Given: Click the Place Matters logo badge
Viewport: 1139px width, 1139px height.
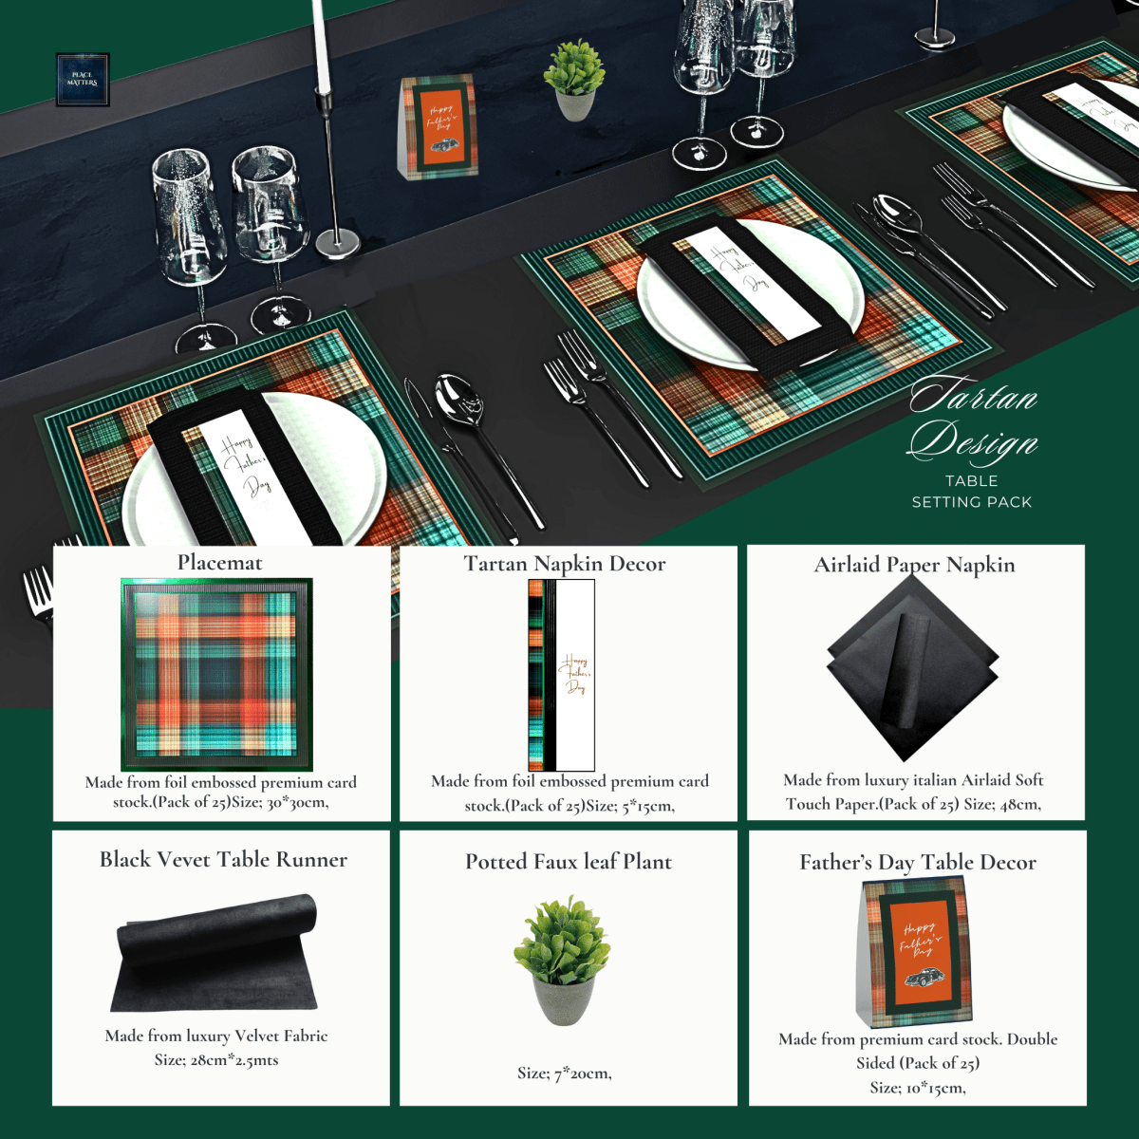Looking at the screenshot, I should (x=83, y=79).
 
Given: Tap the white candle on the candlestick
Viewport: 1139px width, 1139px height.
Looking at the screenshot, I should (x=321, y=43).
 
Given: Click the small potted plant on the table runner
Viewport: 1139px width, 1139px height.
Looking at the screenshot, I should (x=574, y=80).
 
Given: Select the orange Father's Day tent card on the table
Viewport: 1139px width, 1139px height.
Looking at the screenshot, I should (x=438, y=126).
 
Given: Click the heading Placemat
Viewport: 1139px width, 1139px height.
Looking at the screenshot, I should (x=219, y=563).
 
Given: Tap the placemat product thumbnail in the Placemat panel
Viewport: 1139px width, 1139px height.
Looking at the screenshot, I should (x=217, y=673).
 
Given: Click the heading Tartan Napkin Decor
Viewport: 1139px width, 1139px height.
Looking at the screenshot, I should (x=565, y=564).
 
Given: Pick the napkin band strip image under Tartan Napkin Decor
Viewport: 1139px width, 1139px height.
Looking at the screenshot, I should (x=562, y=675).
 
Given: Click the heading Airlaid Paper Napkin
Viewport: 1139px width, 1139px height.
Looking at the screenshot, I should (x=914, y=565).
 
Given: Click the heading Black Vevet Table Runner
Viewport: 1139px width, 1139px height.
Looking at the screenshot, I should (x=223, y=860).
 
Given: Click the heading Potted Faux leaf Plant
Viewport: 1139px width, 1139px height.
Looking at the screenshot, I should (x=568, y=862).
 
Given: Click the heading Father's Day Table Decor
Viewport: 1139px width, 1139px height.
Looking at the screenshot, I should (x=917, y=863).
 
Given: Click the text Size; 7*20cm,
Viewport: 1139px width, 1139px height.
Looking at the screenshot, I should (x=564, y=1074).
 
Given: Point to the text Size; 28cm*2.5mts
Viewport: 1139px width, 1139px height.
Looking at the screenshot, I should (x=216, y=1060).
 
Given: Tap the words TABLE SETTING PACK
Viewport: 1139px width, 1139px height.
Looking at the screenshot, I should (x=971, y=492).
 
